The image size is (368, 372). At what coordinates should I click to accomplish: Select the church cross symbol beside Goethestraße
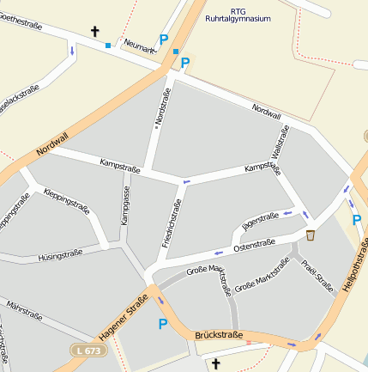click(94, 33)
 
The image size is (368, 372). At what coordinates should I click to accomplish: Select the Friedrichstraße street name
click(171, 223)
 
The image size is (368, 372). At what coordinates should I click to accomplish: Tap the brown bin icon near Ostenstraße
click(311, 235)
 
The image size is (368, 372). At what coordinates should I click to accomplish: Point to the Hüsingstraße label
click(60, 255)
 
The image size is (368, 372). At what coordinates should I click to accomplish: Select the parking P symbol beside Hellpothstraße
click(356, 220)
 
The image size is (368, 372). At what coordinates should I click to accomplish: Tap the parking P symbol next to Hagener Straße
click(162, 324)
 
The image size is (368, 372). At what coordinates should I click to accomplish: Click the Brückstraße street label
click(219, 334)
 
